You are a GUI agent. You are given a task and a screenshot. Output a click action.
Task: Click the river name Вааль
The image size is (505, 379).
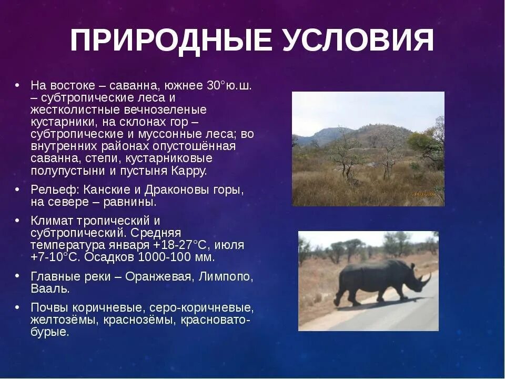(50, 289)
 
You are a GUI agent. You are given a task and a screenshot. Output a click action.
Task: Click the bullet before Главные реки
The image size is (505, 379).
(17, 275)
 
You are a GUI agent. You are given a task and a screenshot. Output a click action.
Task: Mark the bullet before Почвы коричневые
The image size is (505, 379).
(17, 306)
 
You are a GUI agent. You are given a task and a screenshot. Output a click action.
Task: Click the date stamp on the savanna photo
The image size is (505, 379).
(423, 194)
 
